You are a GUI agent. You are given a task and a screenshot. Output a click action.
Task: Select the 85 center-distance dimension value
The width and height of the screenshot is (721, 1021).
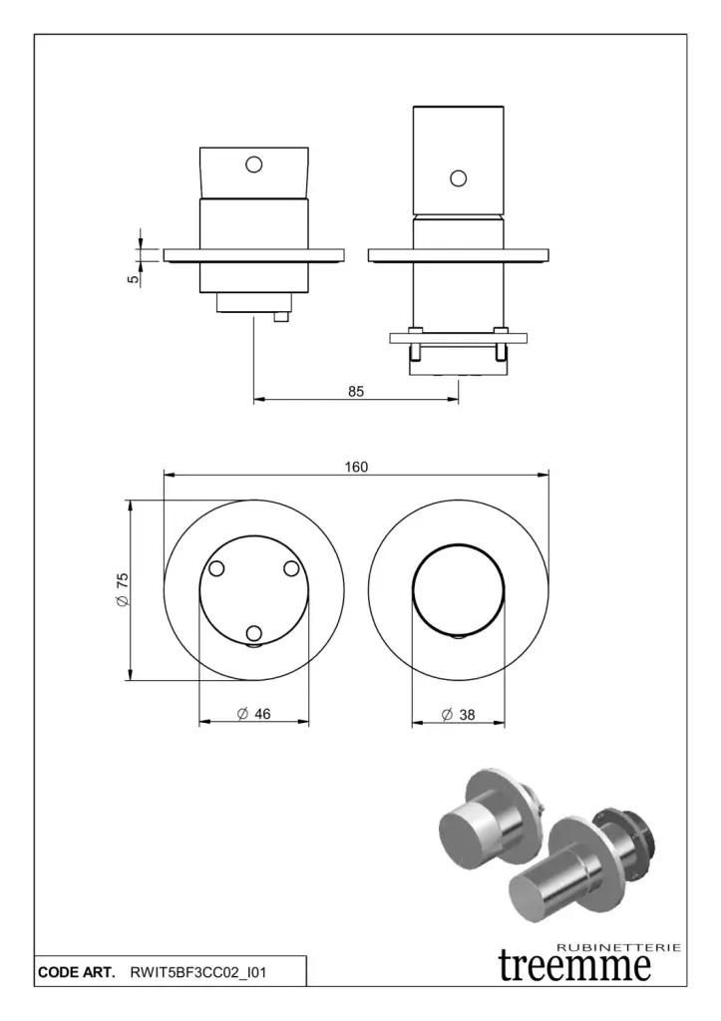[x=356, y=392]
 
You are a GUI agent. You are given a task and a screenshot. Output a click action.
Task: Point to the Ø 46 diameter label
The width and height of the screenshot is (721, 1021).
[x=254, y=713]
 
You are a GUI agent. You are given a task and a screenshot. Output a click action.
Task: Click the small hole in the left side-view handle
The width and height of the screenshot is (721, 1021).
[x=254, y=164]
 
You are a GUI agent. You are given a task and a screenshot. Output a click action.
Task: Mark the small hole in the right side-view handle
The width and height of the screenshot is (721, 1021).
[x=458, y=178]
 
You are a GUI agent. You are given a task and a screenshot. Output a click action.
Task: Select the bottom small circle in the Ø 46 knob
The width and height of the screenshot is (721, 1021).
[x=254, y=633]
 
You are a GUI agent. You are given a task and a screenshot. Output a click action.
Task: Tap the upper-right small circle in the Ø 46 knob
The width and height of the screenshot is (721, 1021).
[x=292, y=568]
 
